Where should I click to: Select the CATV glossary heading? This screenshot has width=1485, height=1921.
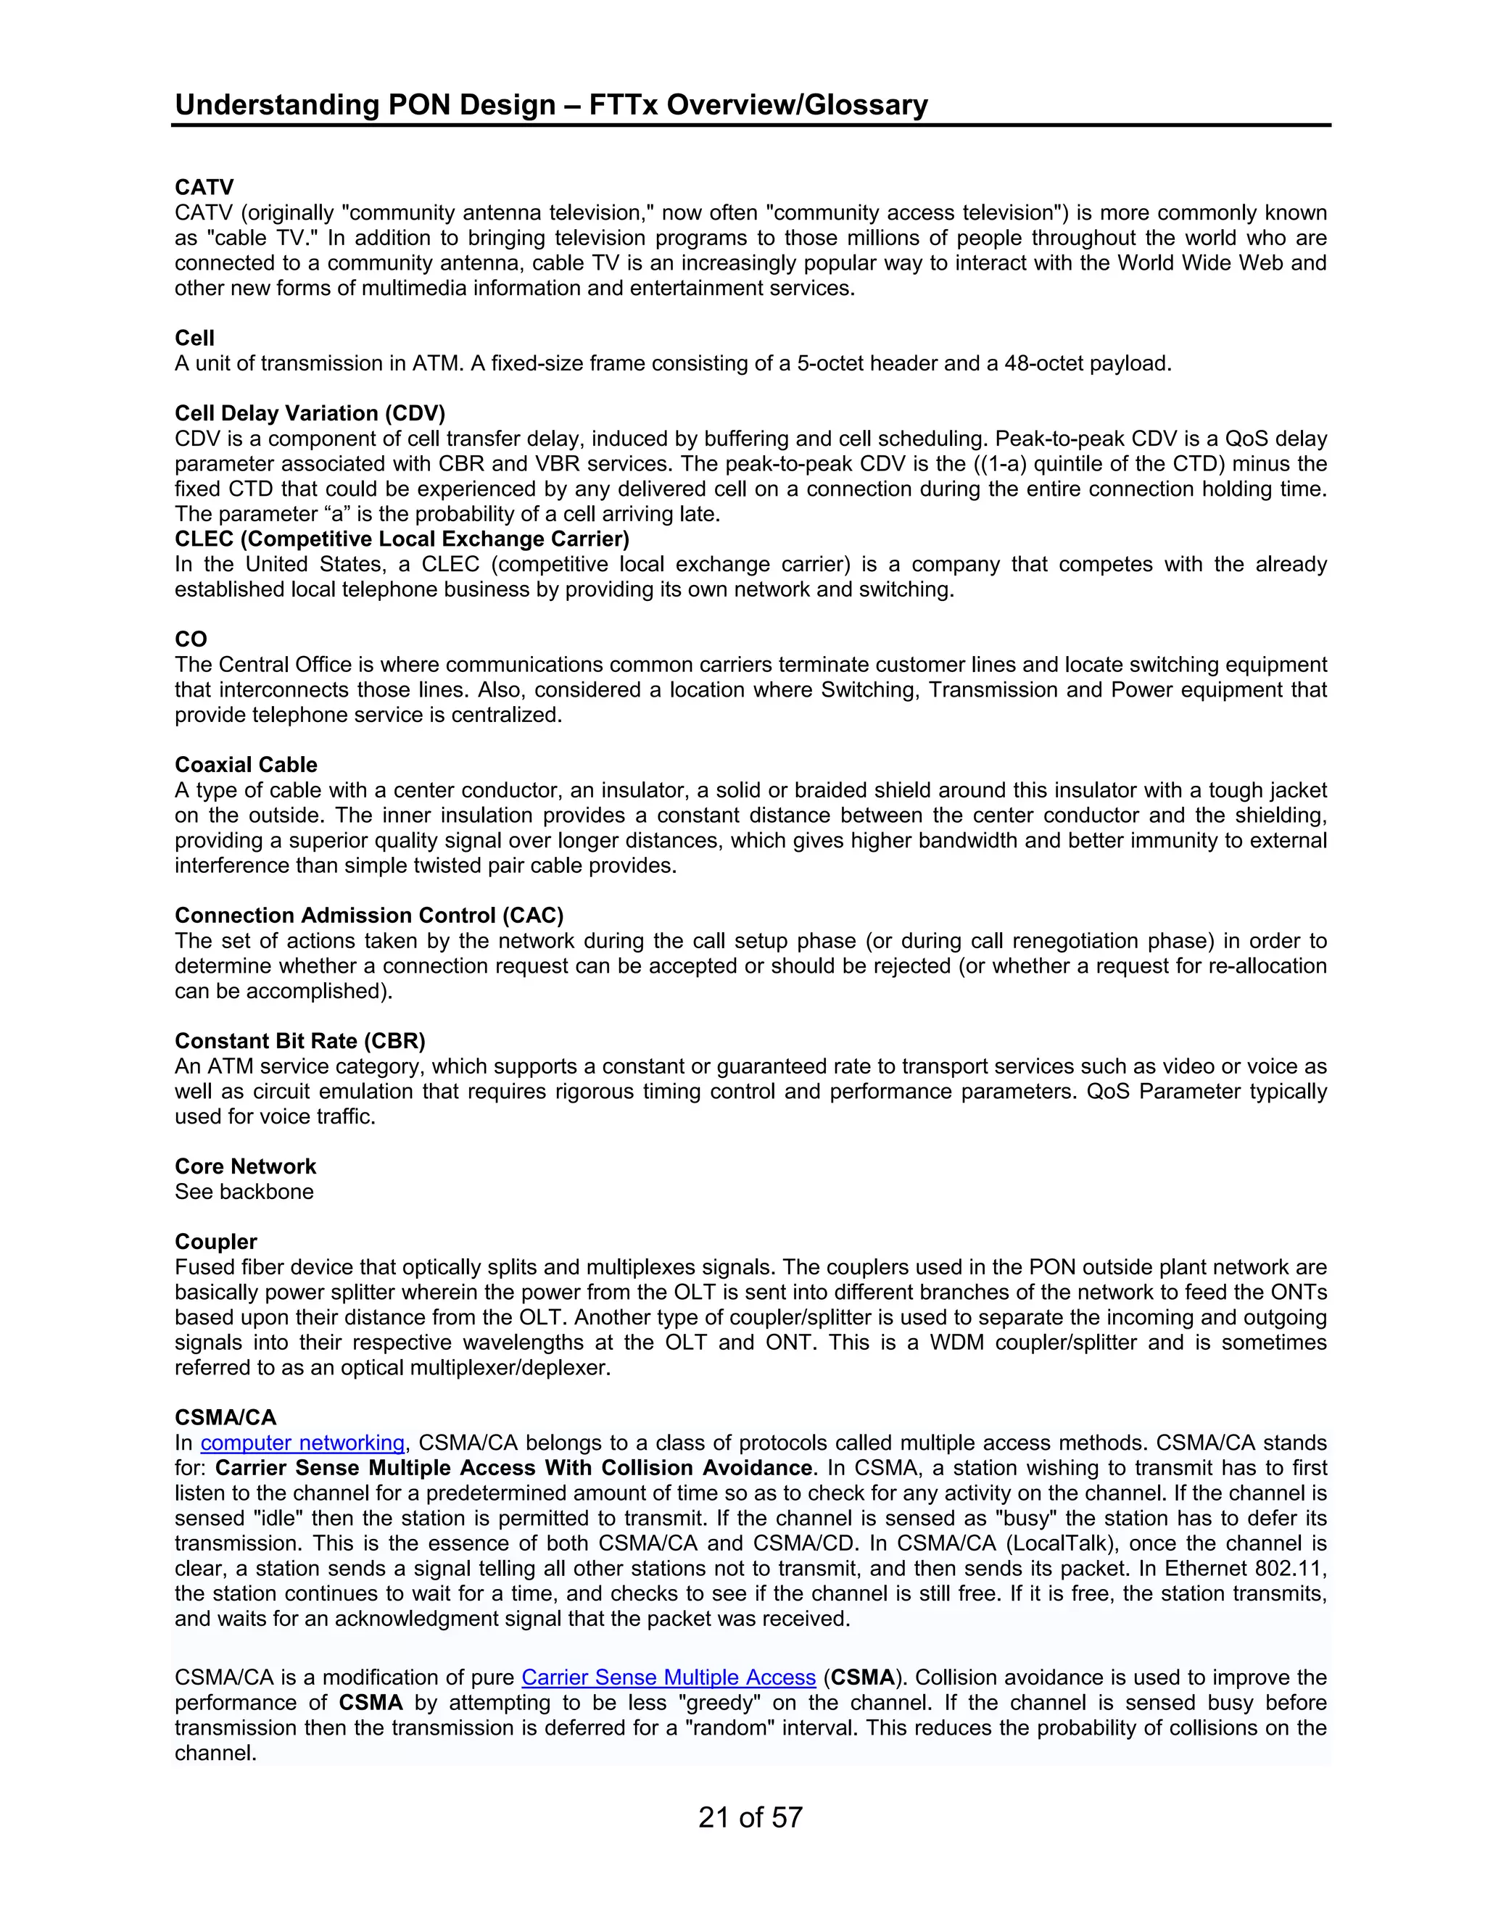tap(204, 187)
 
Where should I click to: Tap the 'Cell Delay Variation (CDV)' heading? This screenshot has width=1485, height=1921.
tap(310, 413)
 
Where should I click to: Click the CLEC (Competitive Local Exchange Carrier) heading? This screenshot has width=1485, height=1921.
tap(402, 539)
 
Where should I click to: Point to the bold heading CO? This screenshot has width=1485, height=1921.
tap(191, 639)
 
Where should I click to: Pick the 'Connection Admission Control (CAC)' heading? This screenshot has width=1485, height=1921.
tap(368, 916)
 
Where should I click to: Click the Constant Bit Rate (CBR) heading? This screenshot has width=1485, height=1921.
tap(300, 1042)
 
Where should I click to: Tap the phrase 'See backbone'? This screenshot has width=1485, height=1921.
tap(244, 1192)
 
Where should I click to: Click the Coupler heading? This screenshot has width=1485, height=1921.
tap(215, 1242)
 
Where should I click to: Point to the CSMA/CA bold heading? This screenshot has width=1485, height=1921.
tap(226, 1418)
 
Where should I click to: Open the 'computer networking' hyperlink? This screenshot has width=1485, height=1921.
tap(302, 1443)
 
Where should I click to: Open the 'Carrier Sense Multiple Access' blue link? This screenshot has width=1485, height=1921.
tap(669, 1677)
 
